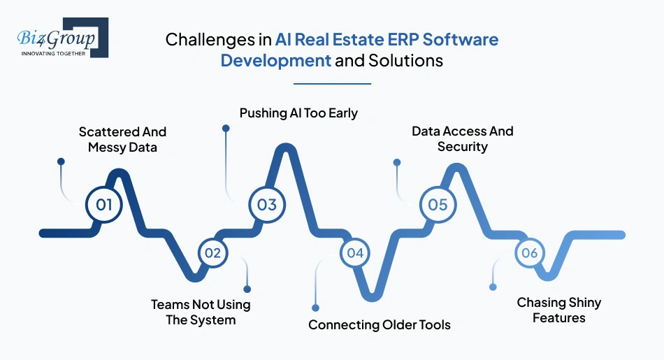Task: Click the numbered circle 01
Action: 104,206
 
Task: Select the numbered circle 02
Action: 212,253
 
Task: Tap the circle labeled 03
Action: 267,205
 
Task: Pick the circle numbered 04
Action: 355,253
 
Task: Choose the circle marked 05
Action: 438,205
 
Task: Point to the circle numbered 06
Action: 529,253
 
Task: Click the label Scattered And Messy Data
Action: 122,139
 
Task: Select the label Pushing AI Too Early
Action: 298,113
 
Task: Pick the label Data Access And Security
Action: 462,138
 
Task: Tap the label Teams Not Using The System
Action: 201,312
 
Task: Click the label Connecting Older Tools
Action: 380,325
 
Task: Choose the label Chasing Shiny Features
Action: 558,310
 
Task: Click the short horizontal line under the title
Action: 332,83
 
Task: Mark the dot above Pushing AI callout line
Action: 226,129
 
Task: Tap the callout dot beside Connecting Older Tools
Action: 315,308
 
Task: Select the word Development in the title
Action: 275,61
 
